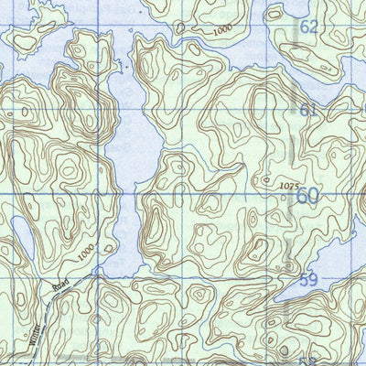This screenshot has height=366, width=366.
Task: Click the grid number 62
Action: (x=308, y=27)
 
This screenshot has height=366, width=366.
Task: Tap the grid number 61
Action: (x=308, y=111)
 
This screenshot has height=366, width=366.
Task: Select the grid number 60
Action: (x=308, y=195)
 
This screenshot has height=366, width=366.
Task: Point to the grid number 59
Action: (x=308, y=280)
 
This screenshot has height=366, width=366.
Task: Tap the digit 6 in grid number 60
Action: (x=302, y=195)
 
